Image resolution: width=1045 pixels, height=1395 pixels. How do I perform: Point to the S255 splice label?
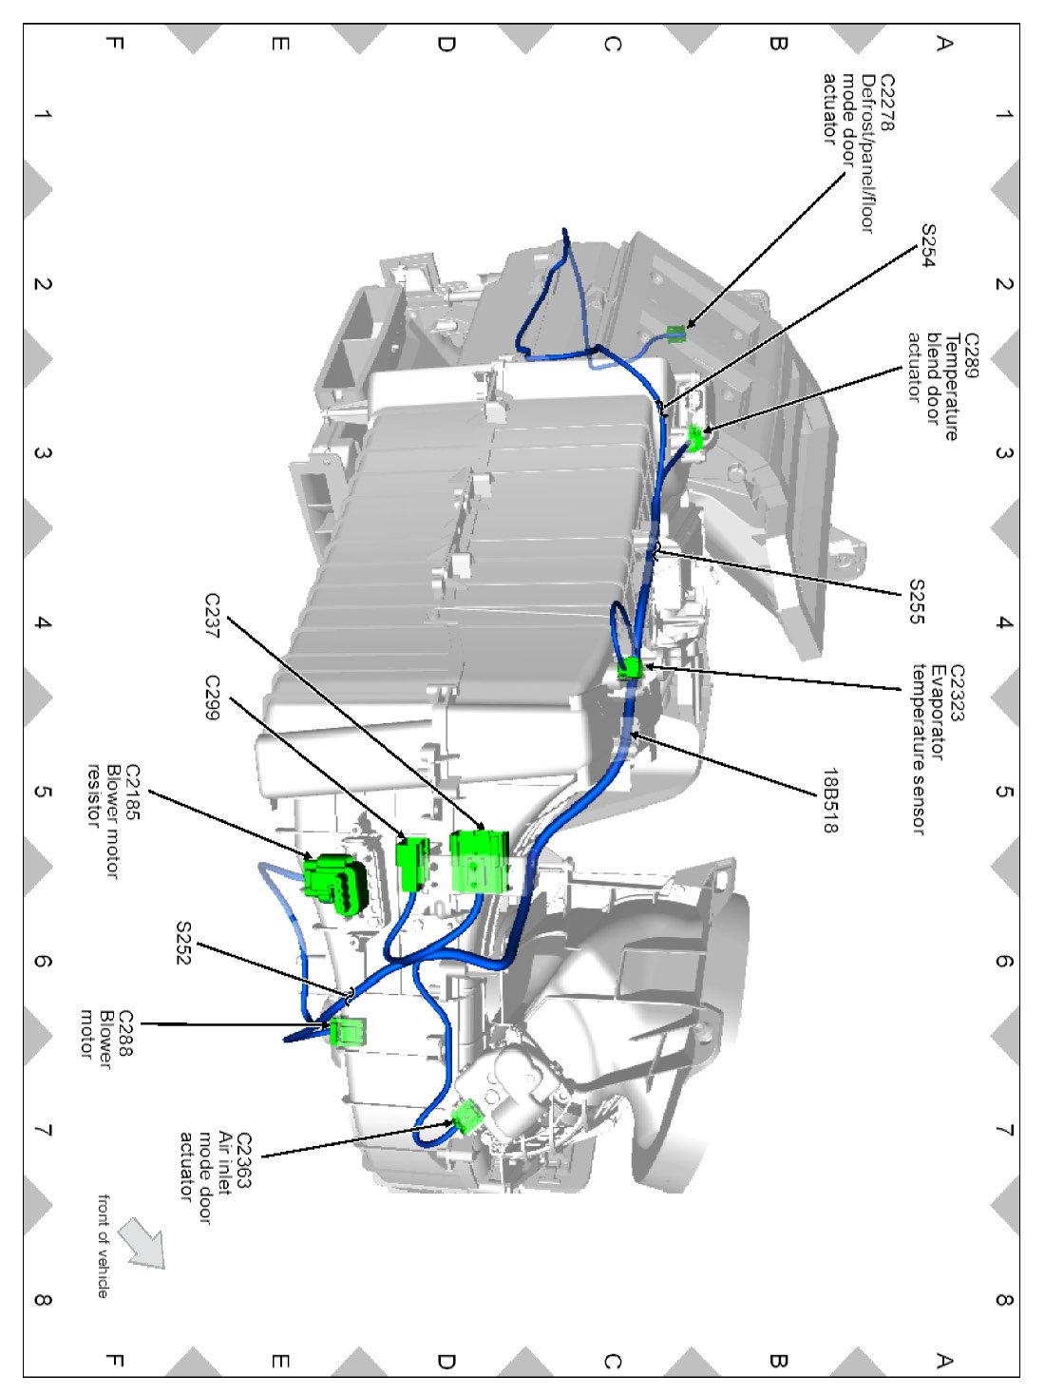(x=916, y=602)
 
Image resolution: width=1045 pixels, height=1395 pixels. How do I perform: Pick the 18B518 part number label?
(x=830, y=800)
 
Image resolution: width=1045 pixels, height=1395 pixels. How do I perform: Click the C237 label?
(x=213, y=616)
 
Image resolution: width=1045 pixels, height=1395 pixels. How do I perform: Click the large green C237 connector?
(x=480, y=860)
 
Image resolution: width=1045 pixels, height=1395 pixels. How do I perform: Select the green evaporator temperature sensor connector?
(x=630, y=668)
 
